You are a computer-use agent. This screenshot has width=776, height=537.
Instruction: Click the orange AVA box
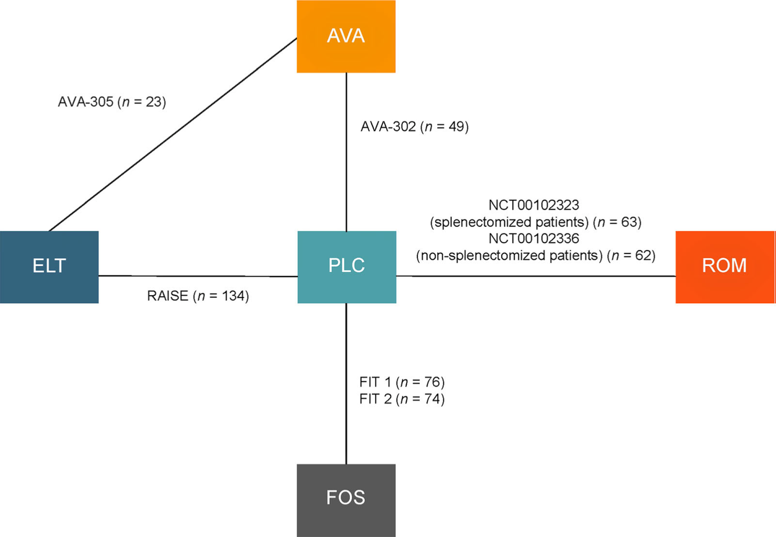[x=346, y=37]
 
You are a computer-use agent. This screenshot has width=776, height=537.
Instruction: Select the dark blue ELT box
[x=49, y=267]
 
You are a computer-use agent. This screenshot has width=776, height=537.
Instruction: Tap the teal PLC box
[x=346, y=267]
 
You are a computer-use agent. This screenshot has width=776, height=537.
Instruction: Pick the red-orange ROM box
[x=725, y=267]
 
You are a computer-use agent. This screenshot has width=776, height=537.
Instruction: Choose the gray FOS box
[x=346, y=499]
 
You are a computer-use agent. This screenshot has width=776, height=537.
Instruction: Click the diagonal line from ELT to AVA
[x=172, y=134]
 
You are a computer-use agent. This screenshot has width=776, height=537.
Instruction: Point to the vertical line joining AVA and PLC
[x=346, y=152]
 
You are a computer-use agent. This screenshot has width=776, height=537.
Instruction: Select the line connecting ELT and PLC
[x=198, y=276]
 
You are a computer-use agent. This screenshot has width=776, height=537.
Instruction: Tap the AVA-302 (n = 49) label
[x=414, y=126]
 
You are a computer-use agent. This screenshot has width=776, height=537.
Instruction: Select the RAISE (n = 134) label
[x=198, y=296]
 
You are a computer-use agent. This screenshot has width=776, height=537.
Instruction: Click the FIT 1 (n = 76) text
[x=402, y=382]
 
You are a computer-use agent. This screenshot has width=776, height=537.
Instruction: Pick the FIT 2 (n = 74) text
[x=402, y=399]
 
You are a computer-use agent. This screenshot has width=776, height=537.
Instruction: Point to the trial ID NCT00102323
[x=534, y=205]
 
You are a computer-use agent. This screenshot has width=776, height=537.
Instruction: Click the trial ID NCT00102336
[x=534, y=238]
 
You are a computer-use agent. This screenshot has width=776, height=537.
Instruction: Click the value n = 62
[x=631, y=256]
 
